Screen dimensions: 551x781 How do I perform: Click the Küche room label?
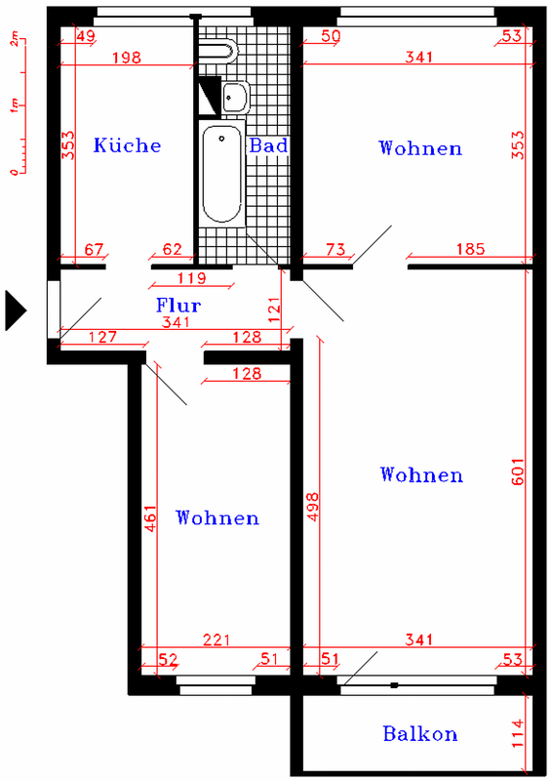(127, 144)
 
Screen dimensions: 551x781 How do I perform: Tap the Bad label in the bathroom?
(268, 145)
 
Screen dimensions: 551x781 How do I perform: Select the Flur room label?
(178, 305)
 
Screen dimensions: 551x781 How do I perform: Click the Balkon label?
(420, 734)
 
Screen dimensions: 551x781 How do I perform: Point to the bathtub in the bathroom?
(222, 174)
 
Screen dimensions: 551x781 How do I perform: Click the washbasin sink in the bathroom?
(235, 97)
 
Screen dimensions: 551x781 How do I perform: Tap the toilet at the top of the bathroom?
(218, 50)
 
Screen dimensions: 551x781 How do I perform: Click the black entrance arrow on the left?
(16, 310)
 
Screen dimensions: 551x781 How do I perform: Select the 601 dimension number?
(518, 472)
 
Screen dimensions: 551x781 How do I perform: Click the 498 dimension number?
(313, 507)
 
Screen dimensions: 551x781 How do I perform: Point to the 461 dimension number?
(150, 518)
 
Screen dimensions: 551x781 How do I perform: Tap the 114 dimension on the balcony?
(518, 733)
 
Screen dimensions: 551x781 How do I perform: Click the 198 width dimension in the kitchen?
(127, 58)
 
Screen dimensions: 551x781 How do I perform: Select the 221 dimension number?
(216, 639)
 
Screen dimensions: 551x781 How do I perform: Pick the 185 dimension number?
(470, 249)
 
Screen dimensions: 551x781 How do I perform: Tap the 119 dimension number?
(191, 278)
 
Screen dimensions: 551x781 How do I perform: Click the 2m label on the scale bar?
(15, 39)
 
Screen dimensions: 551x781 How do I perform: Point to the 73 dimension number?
(335, 249)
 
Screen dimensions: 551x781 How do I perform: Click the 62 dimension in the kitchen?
(173, 249)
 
